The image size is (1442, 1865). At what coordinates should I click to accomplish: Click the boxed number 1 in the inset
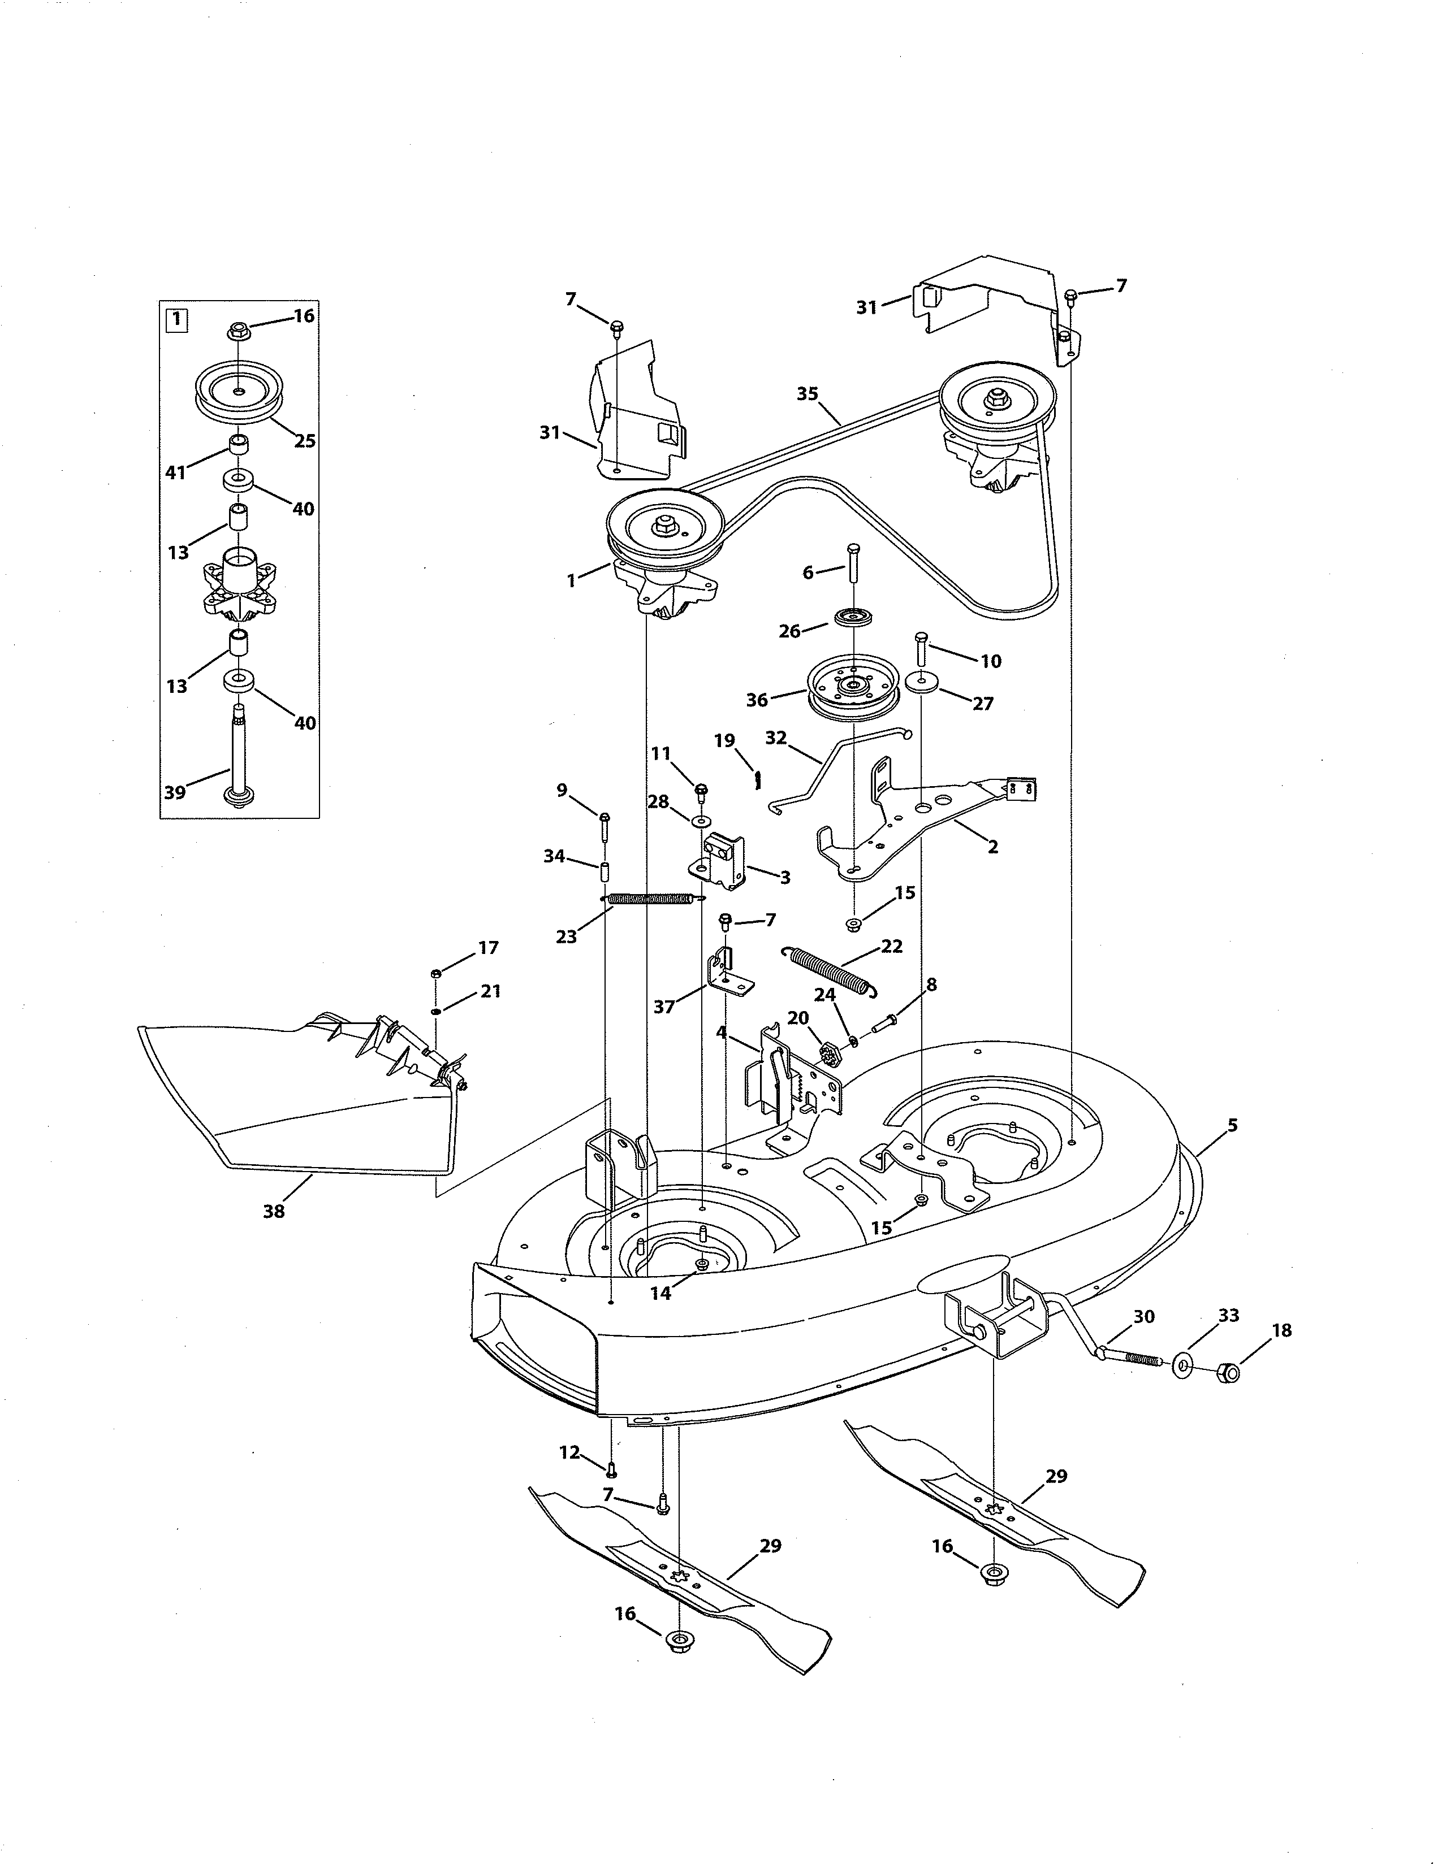pyautogui.click(x=175, y=320)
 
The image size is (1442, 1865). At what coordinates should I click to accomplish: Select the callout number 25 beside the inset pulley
pyautogui.click(x=305, y=441)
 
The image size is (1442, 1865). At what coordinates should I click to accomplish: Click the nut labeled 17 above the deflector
pyautogui.click(x=435, y=973)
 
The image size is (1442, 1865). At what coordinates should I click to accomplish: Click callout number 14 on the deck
pyautogui.click(x=660, y=1294)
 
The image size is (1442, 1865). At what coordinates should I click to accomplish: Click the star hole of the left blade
pyautogui.click(x=679, y=1576)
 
